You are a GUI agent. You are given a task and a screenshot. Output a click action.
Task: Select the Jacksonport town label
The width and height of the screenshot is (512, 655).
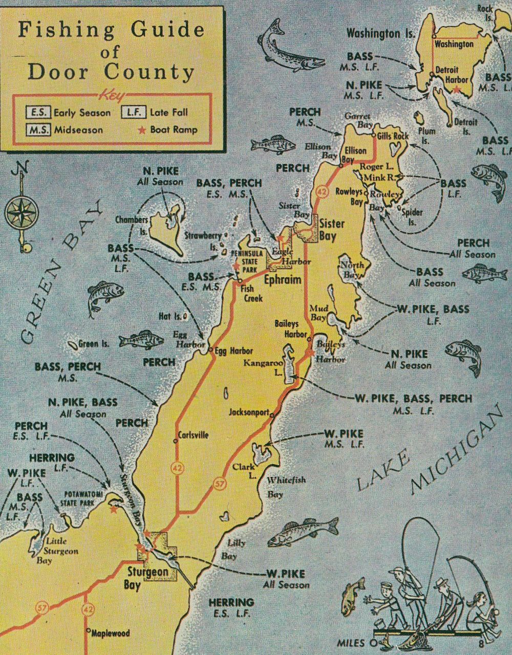pyautogui.click(x=249, y=410)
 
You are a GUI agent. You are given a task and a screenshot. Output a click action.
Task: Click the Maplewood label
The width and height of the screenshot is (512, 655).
pyautogui.click(x=110, y=633)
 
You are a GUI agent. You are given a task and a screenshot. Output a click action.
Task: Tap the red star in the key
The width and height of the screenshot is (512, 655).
pyautogui.click(x=142, y=129)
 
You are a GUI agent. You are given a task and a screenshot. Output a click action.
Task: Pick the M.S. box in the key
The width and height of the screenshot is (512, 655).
pyautogui.click(x=38, y=129)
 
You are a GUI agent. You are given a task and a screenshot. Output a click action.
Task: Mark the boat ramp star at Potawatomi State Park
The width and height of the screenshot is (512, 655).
pyautogui.click(x=114, y=509)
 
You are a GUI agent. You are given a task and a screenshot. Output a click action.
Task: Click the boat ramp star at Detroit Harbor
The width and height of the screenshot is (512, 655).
pyautogui.click(x=456, y=89)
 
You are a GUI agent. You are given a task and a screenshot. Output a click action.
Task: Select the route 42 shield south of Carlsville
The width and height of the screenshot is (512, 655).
pyautogui.click(x=177, y=472)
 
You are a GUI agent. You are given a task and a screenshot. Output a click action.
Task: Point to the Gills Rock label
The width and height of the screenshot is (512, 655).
pyautogui.click(x=393, y=136)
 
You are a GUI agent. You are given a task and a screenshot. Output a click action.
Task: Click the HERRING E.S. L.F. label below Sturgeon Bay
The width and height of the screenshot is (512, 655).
pyautogui.click(x=231, y=608)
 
